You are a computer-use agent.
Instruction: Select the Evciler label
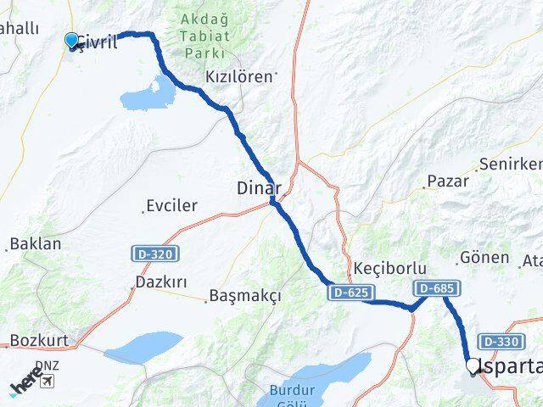pyautogui.click(x=171, y=205)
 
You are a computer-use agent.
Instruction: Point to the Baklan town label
pyautogui.click(x=35, y=244)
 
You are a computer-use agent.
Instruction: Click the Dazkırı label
pyautogui.click(x=160, y=281)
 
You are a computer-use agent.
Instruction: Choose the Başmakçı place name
pyautogui.click(x=244, y=296)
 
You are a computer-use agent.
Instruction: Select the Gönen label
pyautogui.click(x=484, y=257)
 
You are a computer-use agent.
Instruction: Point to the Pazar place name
pyautogui.click(x=447, y=181)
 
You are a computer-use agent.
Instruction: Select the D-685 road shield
pyautogui.click(x=435, y=288)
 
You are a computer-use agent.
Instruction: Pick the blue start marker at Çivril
pyautogui.click(x=71, y=40)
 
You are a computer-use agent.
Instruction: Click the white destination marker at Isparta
pyautogui.click(x=473, y=366)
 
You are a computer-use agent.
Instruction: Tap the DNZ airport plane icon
pyautogui.click(x=45, y=381)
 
